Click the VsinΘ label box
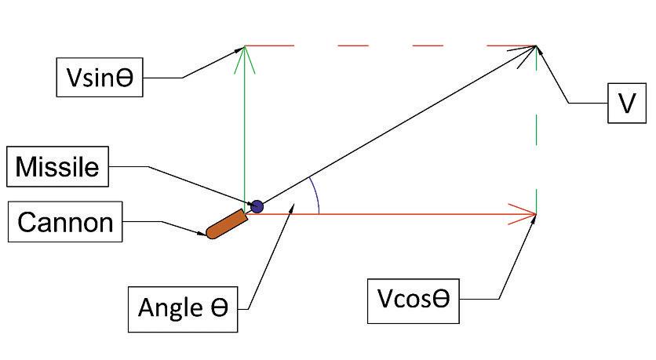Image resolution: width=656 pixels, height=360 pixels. pyautogui.click(x=100, y=78)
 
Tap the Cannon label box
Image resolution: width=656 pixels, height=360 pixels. pyautogui.click(x=65, y=224)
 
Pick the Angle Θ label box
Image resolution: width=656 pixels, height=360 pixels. pyautogui.click(x=183, y=307)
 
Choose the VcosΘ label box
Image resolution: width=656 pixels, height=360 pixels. pyautogui.click(x=413, y=300)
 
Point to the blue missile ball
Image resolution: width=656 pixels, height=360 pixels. pyautogui.click(x=256, y=207)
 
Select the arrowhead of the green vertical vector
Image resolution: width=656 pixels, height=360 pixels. pyautogui.click(x=246, y=53)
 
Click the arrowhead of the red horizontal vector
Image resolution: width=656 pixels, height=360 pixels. pyautogui.click(x=527, y=213)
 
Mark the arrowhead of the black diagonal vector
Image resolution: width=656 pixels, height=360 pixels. pyautogui.click(x=527, y=51)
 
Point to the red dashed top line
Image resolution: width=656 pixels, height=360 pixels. pyautogui.click(x=408, y=46)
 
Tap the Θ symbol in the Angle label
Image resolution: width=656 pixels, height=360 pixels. pyautogui.click(x=217, y=307)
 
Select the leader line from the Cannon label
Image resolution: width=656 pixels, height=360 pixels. pyautogui.click(x=165, y=225)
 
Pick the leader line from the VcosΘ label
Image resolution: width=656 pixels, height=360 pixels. pyautogui.click(x=514, y=259)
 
